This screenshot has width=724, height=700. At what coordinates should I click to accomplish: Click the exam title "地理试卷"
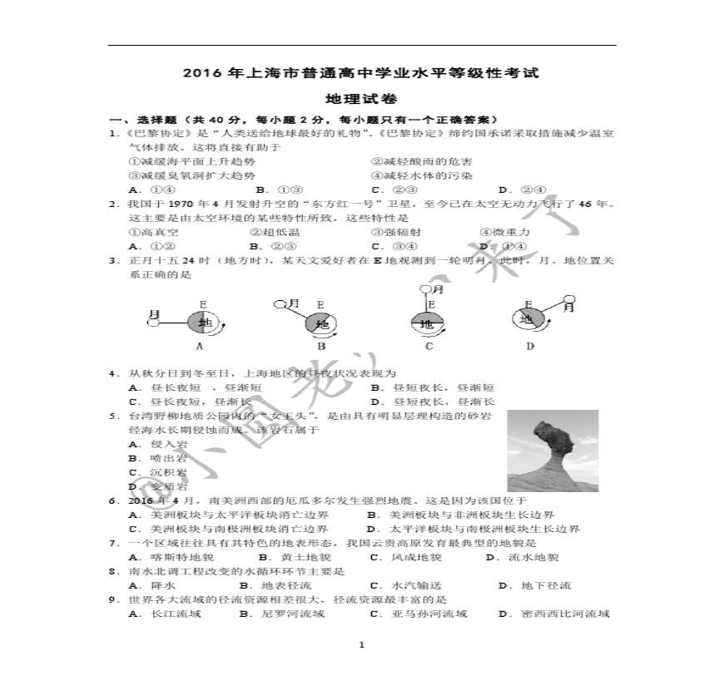(x=361, y=97)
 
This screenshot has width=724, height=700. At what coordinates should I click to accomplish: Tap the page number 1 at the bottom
(x=361, y=645)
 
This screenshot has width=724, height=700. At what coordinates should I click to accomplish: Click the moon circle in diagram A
(x=152, y=322)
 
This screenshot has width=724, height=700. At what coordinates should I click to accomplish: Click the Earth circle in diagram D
(x=528, y=318)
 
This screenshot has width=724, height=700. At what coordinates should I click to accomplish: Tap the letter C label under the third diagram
(x=429, y=347)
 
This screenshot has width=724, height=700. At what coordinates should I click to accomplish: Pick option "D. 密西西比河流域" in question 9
(x=553, y=614)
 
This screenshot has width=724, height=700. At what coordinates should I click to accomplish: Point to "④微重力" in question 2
(x=505, y=232)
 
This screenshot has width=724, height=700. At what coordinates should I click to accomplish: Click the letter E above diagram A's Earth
(x=202, y=303)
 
